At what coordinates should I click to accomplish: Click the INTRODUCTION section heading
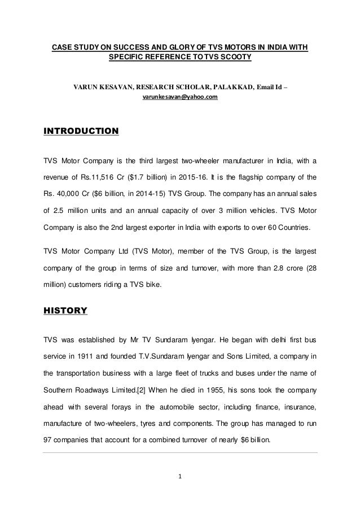click(81, 132)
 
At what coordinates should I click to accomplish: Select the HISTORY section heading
click(65, 310)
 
